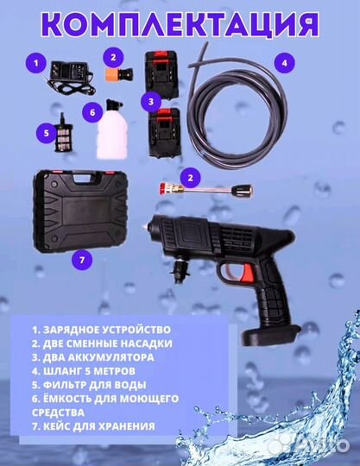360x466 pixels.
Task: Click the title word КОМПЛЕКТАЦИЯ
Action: pyautogui.click(x=180, y=23)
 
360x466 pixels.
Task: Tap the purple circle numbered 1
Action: pyautogui.click(x=35, y=62)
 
